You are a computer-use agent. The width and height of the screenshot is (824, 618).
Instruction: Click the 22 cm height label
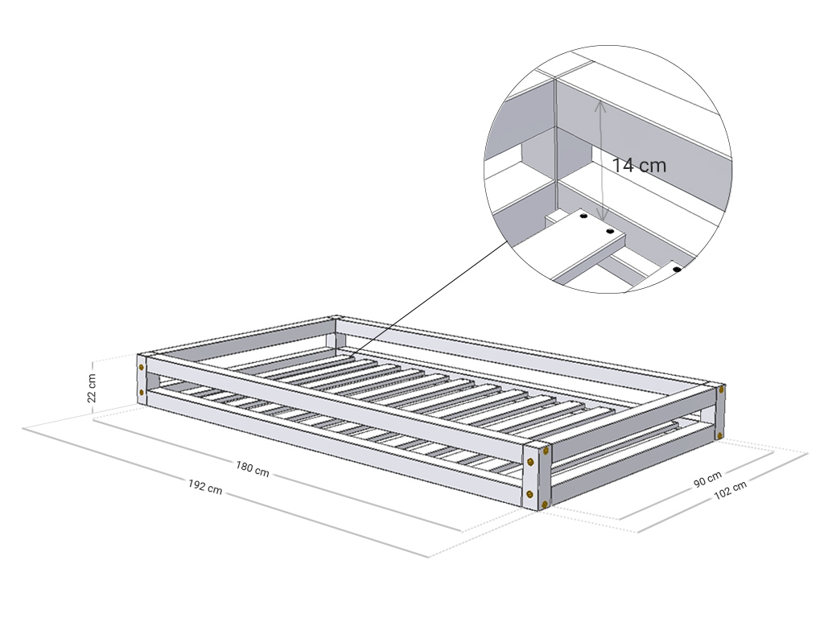[92, 388]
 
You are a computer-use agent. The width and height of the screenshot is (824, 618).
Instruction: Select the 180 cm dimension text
[252, 469]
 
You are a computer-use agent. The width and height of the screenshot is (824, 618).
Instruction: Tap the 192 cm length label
[205, 487]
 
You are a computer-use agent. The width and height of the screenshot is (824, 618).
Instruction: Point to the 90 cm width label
[707, 480]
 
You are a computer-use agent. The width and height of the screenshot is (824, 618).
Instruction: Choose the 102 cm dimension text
[730, 490]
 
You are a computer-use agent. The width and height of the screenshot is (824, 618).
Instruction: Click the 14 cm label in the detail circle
[639, 165]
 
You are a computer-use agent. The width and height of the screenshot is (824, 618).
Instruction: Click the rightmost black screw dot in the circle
[677, 270]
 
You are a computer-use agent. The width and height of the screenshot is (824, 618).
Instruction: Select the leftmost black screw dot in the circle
[583, 216]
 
